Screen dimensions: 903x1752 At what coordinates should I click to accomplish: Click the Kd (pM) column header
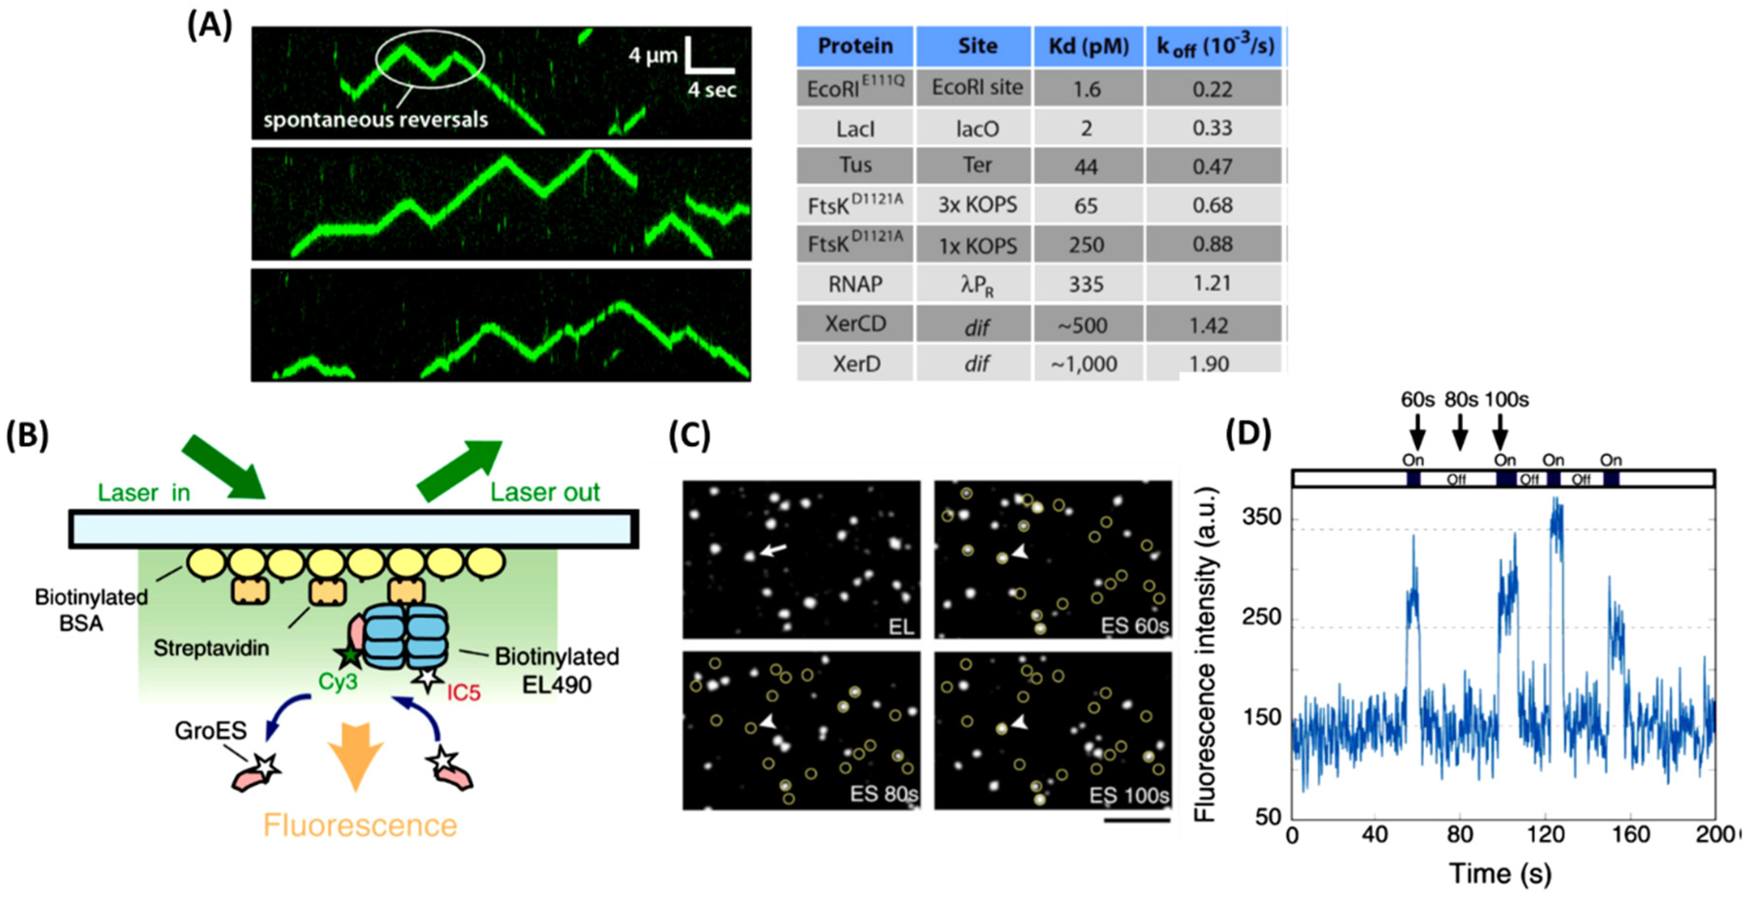point(1088,46)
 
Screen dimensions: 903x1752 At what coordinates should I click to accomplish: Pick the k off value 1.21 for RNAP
point(1212,283)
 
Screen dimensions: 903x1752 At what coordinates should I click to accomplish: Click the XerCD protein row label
point(855,324)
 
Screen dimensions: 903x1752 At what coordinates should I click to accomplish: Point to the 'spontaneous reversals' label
point(375,120)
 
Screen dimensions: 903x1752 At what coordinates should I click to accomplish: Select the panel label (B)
point(27,435)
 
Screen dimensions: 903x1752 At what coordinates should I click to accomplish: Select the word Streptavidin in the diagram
point(211,648)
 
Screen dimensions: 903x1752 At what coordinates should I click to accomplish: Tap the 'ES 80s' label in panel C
point(883,794)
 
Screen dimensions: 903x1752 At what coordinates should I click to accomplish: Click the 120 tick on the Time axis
point(1545,834)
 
